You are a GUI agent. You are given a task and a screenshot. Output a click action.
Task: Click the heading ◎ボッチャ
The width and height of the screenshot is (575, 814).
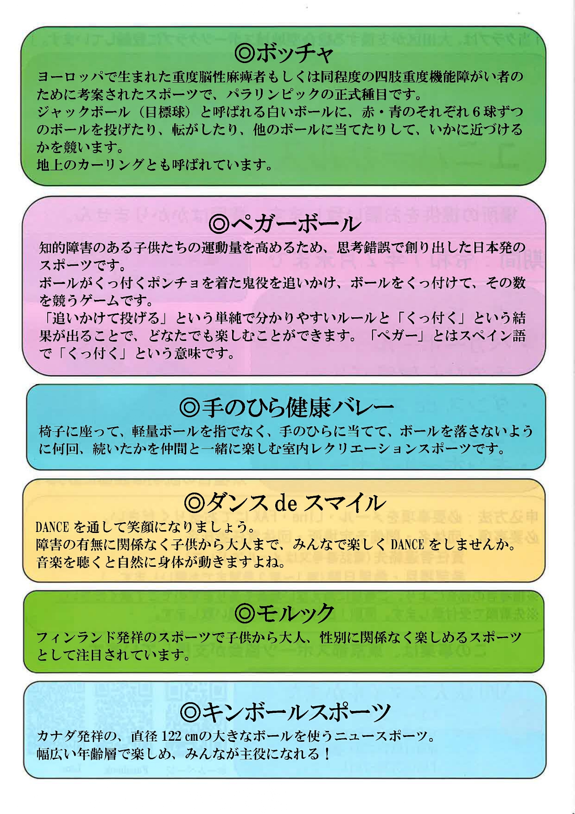tap(284, 54)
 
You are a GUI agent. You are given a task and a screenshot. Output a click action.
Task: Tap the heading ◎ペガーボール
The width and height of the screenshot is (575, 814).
tap(284, 224)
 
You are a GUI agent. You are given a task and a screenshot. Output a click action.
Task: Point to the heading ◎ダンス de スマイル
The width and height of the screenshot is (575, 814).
tap(284, 502)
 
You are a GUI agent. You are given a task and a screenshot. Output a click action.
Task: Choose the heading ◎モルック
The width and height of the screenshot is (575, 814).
tap(284, 613)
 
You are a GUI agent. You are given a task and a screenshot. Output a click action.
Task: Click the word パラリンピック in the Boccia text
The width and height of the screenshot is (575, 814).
tap(273, 94)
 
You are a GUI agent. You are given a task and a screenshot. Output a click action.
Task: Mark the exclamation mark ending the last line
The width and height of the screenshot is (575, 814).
tap(328, 754)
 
